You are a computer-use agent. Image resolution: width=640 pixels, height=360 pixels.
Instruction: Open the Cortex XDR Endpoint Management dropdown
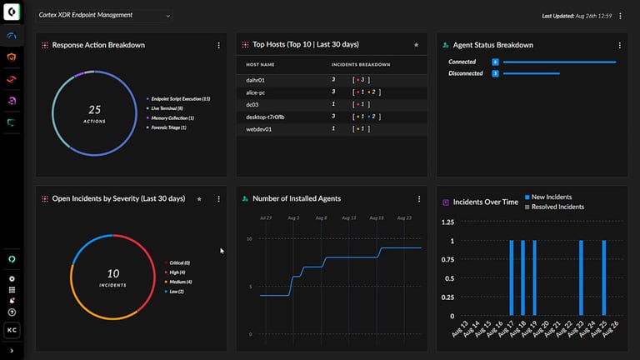click(104, 15)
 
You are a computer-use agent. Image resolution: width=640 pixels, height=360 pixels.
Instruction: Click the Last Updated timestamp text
click(577, 16)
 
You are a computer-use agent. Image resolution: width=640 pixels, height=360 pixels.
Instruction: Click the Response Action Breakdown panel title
click(98, 45)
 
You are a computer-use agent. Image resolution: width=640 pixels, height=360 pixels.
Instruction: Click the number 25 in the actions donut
click(94, 109)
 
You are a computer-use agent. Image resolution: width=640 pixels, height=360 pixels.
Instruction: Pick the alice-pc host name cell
click(256, 92)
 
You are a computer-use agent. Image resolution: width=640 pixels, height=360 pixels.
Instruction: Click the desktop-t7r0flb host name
click(265, 117)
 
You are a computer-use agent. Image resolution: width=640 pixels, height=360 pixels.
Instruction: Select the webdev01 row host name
click(258, 129)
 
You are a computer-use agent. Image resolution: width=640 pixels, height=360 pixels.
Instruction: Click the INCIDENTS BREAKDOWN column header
click(360, 64)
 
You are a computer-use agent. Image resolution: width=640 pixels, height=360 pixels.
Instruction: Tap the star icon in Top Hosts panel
click(417, 45)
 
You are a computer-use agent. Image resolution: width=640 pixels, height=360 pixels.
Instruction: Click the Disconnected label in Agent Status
click(465, 73)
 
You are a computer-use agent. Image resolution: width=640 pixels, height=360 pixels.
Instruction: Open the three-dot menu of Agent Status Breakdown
click(620, 45)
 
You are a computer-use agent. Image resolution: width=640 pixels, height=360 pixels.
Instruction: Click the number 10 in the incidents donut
click(113, 273)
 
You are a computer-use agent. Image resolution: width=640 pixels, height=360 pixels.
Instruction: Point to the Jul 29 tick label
click(266, 217)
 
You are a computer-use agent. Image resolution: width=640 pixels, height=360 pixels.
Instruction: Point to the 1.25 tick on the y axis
click(447, 222)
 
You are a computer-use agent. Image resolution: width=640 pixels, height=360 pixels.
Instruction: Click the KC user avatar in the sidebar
click(12, 331)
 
